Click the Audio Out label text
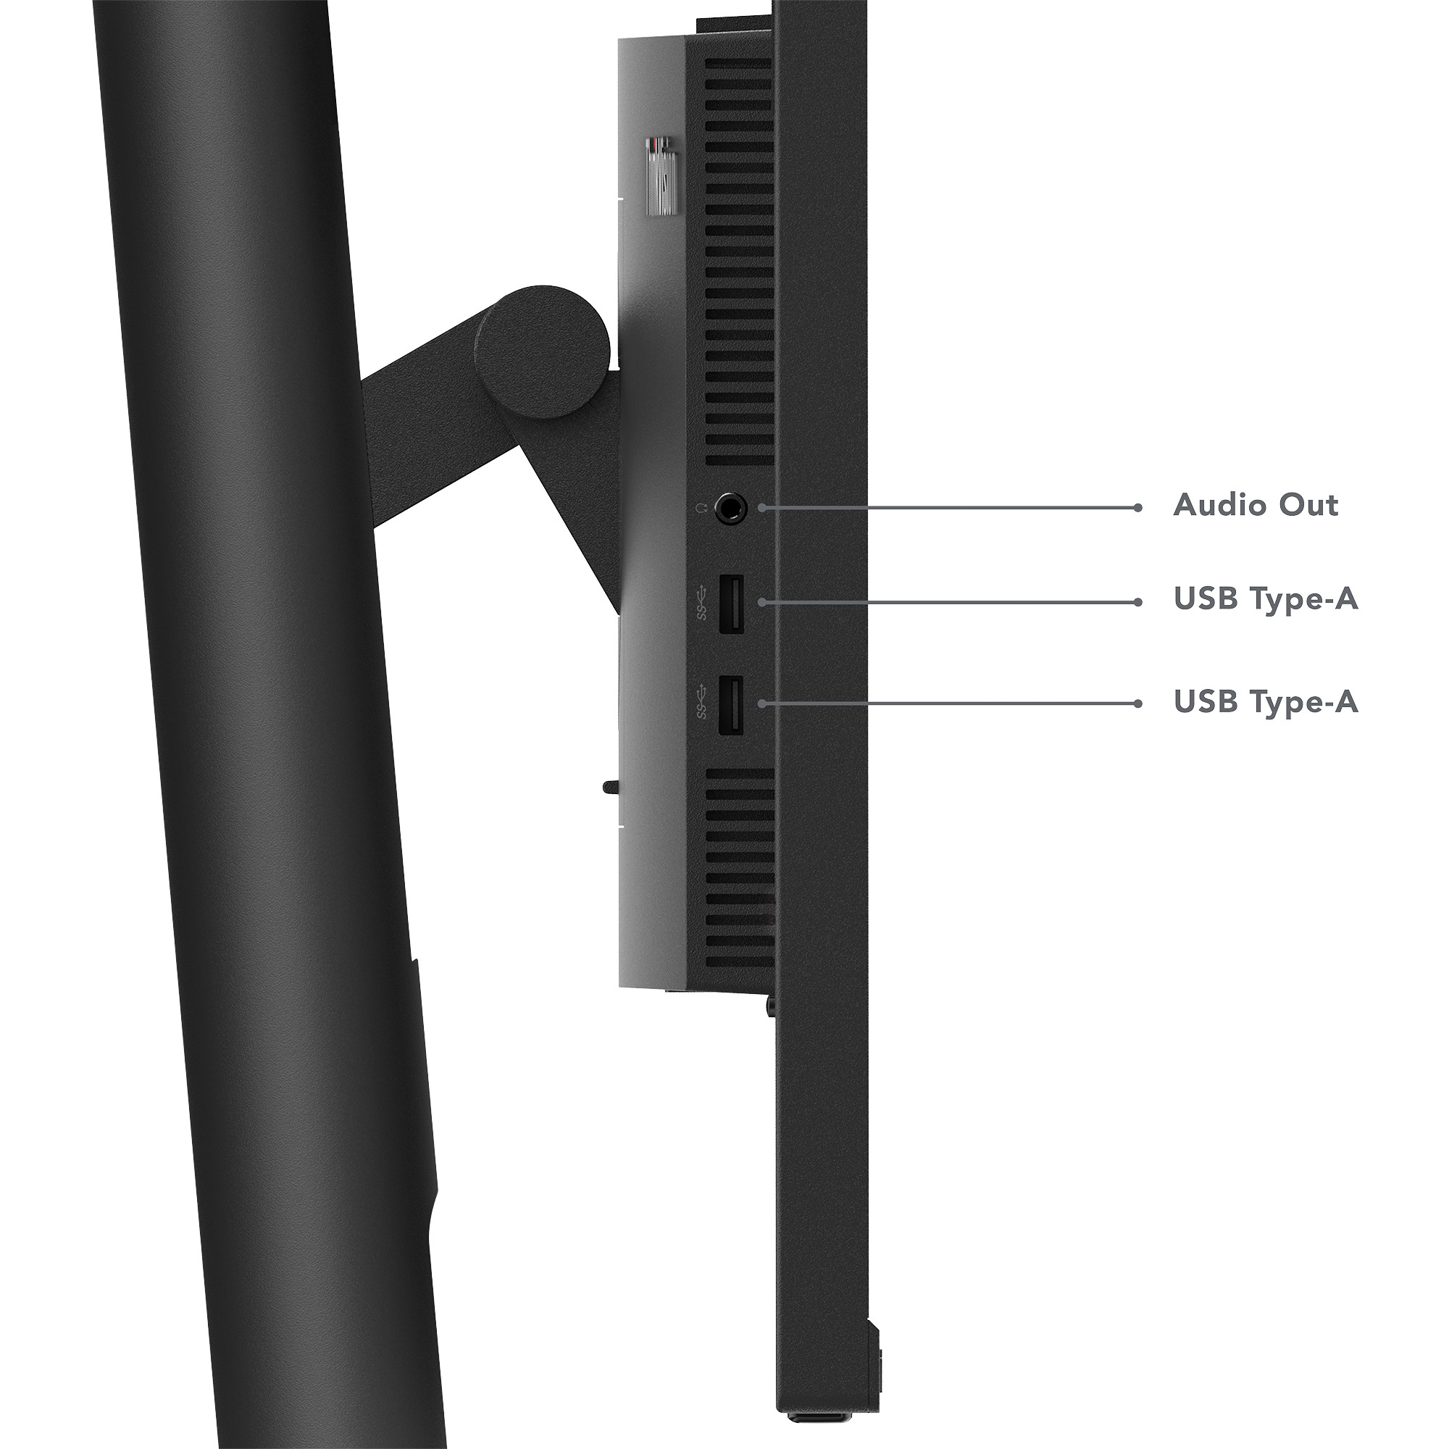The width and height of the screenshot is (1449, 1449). [1256, 505]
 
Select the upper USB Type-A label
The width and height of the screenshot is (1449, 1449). [1266, 600]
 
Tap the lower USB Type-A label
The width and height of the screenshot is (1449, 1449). [1266, 702]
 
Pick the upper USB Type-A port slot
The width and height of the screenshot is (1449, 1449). [731, 603]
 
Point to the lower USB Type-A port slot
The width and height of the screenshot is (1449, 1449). [731, 705]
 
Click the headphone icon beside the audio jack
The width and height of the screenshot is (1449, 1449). [701, 509]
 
